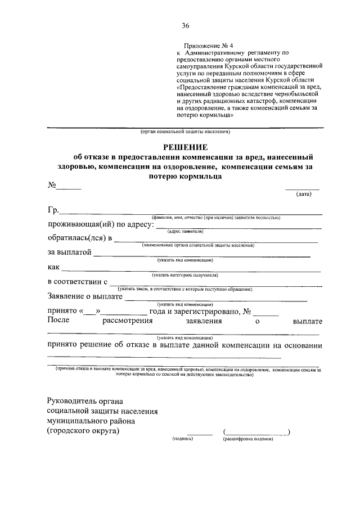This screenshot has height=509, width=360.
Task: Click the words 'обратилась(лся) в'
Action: point(79,238)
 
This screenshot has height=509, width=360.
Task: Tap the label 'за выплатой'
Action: point(69,253)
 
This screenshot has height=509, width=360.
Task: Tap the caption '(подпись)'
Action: point(183,439)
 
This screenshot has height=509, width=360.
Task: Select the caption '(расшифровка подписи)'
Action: point(247,439)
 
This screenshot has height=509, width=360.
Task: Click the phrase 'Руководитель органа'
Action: point(87,401)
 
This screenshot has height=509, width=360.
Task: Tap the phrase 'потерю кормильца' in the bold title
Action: point(185,176)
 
